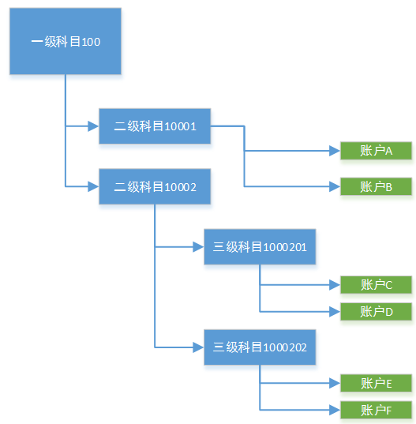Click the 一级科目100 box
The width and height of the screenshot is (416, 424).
66,42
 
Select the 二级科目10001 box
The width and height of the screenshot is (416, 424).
155,126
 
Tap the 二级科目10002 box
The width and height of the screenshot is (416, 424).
155,186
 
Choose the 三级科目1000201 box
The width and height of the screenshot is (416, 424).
260,247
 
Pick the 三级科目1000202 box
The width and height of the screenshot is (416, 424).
260,347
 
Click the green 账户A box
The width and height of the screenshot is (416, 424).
376,151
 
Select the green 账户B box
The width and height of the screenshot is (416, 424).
376,187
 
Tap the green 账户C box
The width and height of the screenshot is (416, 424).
376,285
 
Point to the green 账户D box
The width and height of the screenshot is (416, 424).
376,311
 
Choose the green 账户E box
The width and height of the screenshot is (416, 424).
376,384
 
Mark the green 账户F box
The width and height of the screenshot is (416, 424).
376,410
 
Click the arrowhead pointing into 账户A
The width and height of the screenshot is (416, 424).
334,151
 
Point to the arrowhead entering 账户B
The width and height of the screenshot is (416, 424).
334,187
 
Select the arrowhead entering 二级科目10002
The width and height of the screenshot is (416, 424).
93,186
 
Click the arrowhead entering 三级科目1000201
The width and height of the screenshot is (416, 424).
198,247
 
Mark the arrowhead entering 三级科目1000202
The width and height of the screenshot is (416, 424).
198,347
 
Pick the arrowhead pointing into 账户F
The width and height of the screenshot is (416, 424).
334,410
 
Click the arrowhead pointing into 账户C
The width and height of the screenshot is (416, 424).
334,285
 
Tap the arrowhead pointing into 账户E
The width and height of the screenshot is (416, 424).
334,384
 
